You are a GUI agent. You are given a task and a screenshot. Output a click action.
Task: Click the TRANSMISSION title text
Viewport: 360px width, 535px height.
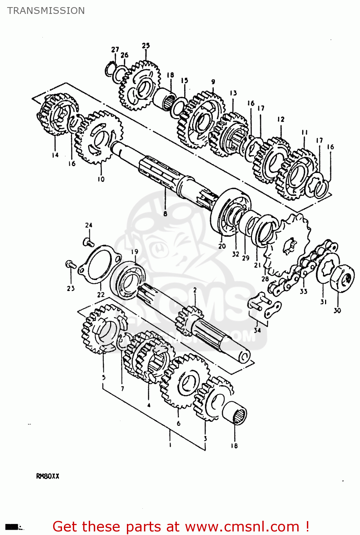click(x=46, y=11)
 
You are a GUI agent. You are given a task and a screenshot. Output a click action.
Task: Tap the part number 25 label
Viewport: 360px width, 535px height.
click(x=146, y=46)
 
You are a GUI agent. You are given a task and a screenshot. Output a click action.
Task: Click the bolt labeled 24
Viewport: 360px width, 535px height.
click(x=88, y=243)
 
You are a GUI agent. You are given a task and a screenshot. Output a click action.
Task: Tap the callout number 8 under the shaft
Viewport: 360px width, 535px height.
click(x=165, y=214)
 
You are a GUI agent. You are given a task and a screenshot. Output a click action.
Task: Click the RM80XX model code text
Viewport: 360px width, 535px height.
click(x=48, y=476)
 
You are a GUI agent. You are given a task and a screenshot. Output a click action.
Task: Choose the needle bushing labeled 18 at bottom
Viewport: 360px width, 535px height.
click(x=235, y=413)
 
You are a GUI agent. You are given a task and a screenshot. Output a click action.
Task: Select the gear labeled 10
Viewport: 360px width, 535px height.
click(x=99, y=137)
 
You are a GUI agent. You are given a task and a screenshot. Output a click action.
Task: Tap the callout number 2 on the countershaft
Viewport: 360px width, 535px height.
click(x=195, y=290)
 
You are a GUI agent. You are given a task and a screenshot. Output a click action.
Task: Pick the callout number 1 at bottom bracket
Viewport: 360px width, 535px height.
click(x=170, y=445)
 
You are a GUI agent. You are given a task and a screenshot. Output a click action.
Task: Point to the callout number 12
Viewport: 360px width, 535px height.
click(x=281, y=119)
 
